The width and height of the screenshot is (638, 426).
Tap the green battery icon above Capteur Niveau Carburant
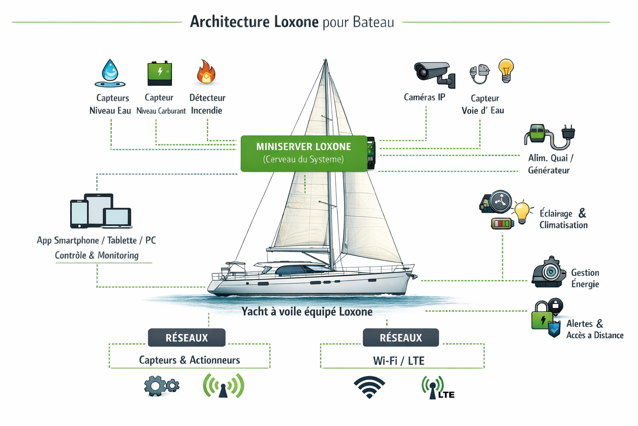click(159, 73)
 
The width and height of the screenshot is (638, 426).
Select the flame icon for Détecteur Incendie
click(206, 72)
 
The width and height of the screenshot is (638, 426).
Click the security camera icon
click(434, 74)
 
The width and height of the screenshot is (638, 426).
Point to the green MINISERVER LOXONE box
click(304, 153)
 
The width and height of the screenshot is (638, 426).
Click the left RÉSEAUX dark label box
click(186, 337)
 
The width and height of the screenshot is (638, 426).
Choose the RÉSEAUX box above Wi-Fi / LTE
click(400, 337)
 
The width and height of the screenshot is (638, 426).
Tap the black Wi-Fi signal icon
click(369, 387)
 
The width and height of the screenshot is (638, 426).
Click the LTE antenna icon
click(437, 388)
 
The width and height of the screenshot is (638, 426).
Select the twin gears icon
click(162, 386)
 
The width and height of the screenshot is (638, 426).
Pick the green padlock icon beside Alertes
click(542, 316)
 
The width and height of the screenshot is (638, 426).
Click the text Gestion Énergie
click(585, 278)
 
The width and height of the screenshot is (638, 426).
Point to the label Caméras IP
click(424, 97)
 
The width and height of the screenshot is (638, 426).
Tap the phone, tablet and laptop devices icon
click(101, 211)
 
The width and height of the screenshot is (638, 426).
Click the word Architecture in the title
click(230, 22)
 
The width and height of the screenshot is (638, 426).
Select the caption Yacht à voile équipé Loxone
click(307, 312)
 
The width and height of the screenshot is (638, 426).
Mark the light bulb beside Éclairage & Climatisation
click(522, 212)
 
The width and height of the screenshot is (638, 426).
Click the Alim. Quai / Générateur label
click(550, 164)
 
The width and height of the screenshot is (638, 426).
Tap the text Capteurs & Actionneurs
click(189, 360)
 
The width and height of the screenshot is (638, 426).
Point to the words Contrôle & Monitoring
click(97, 255)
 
